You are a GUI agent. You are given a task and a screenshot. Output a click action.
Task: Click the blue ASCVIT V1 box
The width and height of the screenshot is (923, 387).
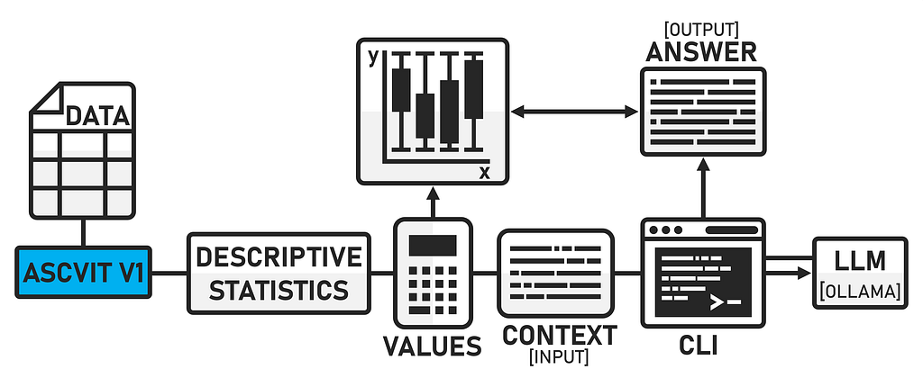coord(84,273)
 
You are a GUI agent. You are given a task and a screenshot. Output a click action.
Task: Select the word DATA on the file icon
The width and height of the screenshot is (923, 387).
coord(97,116)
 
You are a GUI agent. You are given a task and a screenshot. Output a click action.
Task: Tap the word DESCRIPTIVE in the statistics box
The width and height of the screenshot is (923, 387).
coord(279,257)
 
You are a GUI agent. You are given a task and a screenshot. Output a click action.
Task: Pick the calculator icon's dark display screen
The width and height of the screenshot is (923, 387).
coord(433,246)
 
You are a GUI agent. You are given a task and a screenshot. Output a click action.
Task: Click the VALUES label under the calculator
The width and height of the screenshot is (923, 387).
coord(433,346)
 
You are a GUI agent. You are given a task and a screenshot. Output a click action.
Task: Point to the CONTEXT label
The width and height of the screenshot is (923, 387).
coord(560,335)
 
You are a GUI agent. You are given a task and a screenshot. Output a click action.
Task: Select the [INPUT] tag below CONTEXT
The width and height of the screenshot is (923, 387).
coord(559,357)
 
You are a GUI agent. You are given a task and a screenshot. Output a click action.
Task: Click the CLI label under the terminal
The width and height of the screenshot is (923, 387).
coord(699,346)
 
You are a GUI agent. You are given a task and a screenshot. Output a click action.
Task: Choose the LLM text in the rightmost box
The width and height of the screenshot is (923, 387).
coord(860,262)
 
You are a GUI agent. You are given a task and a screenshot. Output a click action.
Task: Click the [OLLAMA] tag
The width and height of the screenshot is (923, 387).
coord(860,291)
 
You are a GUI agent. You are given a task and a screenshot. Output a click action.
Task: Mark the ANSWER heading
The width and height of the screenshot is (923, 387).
coord(701,52)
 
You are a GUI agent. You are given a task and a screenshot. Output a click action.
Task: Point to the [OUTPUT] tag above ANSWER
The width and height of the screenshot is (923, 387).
coord(700,30)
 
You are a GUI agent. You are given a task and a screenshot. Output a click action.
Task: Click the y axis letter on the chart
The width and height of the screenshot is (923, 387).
coord(372,58)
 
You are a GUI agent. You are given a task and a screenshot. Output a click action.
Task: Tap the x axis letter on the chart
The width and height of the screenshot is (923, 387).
coord(484,172)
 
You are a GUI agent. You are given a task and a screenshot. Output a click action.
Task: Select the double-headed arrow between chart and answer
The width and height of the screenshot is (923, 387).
coord(574,112)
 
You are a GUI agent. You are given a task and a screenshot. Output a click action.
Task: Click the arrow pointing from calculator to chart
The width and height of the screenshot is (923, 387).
coord(433,202)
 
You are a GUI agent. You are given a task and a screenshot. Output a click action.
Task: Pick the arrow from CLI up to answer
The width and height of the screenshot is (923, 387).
coord(703,188)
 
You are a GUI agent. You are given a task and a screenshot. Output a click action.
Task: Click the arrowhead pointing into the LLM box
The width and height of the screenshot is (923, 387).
coord(805,273)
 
